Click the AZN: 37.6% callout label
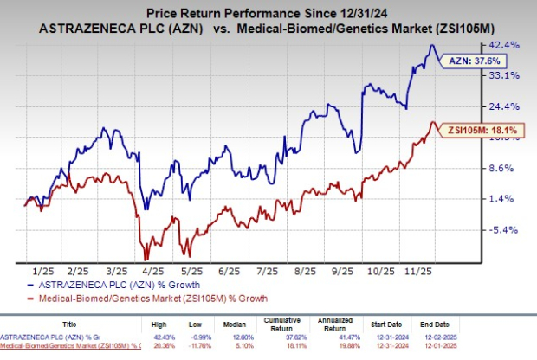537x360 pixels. click(471, 61)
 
